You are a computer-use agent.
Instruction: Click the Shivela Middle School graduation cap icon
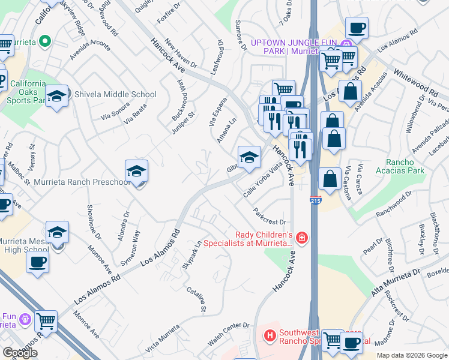click(x=56, y=96)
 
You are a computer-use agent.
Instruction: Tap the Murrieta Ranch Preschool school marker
click(x=136, y=171)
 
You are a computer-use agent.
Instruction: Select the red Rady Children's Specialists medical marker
click(x=301, y=239)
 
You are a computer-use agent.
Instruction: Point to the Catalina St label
click(x=196, y=301)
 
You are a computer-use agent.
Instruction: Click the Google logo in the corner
click(x=20, y=353)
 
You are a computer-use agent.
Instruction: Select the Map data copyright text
click(x=412, y=355)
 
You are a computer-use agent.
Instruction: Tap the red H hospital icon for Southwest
click(x=270, y=335)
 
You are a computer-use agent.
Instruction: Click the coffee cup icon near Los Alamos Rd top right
click(x=357, y=27)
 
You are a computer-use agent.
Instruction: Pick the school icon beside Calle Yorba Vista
click(x=249, y=157)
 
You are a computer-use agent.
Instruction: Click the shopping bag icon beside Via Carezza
click(x=330, y=178)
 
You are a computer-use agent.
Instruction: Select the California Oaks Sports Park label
click(x=27, y=91)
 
